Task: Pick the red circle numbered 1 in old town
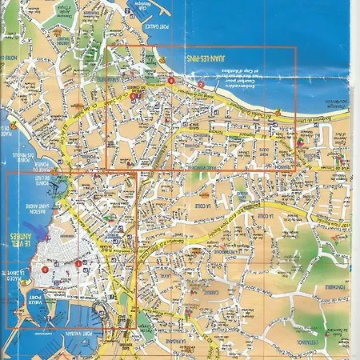point(78,263)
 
